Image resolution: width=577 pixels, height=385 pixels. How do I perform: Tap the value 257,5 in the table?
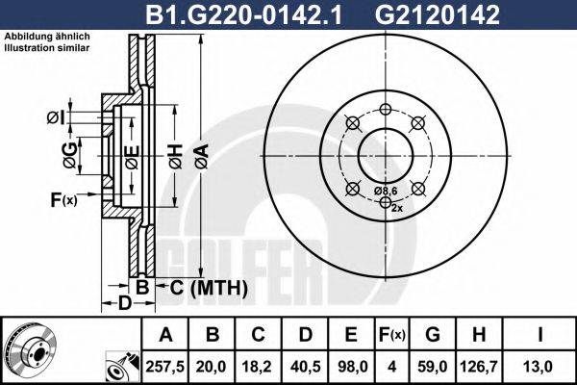point(165,364)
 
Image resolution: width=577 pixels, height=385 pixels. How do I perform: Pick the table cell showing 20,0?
point(213,364)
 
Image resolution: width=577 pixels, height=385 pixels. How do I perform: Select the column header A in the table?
point(165,334)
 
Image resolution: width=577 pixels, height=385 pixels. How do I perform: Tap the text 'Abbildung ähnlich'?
point(47,37)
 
